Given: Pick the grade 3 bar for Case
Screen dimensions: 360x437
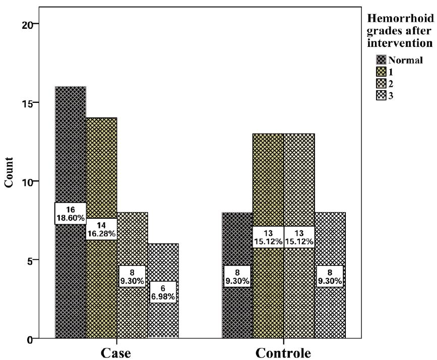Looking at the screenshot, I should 163,318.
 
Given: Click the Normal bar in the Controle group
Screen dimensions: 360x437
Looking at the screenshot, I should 237,308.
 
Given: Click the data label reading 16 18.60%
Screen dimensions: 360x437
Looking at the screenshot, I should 71,213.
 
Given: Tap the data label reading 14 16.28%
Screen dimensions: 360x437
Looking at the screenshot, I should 101,229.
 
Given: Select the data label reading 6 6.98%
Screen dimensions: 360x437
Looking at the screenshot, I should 163,291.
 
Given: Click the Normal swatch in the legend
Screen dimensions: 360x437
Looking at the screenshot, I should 381,59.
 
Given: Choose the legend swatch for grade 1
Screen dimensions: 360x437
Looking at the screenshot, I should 381,72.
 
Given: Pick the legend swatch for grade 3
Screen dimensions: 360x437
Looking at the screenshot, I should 381,95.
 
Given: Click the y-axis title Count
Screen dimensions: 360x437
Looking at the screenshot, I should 9,173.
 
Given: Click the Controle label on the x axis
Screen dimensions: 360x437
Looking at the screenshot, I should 284,352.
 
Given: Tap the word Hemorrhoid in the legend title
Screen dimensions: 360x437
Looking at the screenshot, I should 401,19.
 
